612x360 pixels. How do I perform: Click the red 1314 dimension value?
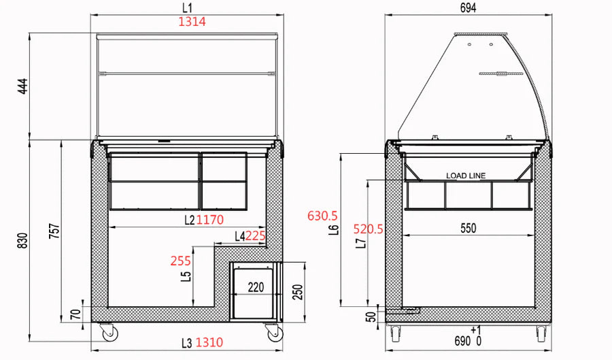pos(192,22)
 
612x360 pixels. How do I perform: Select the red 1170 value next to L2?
pos(210,220)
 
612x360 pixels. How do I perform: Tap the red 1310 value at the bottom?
pos(209,342)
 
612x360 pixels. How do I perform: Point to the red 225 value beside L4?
pos(255,236)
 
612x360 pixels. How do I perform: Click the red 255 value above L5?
pos(181,261)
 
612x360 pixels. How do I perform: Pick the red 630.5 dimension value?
pos(322,216)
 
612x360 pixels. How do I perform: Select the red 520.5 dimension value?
pos(369,229)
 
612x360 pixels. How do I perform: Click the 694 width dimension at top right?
pos(468,7)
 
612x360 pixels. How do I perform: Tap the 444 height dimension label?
pos(23,86)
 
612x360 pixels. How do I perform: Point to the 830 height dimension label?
pos(23,241)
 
